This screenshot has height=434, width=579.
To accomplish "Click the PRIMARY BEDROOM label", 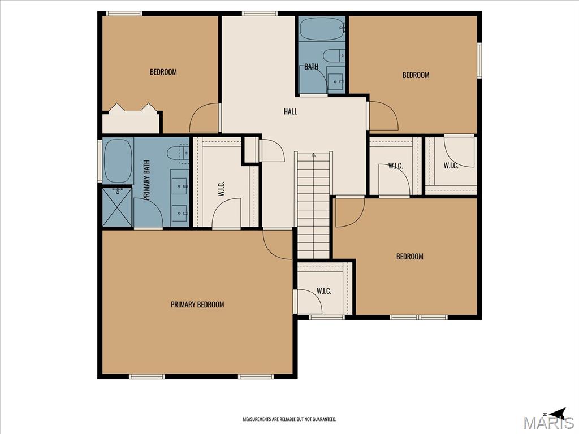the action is pos(197,305).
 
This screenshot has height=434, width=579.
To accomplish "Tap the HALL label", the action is pos(290,111).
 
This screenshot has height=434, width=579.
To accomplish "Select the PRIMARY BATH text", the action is pos(146,180).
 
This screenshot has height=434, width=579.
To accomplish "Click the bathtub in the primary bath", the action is pos(118,160).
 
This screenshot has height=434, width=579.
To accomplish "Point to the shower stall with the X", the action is pos(117,207).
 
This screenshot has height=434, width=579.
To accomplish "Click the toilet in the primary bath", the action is pos(178,153).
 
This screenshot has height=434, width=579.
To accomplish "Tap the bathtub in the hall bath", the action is pos(322,28).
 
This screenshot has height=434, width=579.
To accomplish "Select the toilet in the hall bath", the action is pos(334,56).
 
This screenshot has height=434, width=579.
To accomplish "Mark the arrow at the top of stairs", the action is pos(313,155).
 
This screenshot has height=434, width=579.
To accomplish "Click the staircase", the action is pos(313,205).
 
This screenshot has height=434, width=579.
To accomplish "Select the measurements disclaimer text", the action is pos(289,419).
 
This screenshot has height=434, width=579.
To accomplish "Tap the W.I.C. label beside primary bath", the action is pos(221,189).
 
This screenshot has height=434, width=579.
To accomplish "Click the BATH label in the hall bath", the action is pos(312,67).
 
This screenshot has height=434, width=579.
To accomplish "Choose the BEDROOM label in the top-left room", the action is pos(163,72).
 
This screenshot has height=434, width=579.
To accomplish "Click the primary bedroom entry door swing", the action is pos(277,244).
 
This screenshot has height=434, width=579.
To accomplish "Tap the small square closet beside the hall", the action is pos(250,149).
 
